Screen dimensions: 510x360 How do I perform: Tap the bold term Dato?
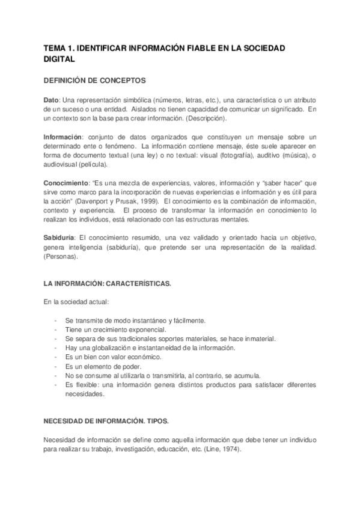(x=51, y=99)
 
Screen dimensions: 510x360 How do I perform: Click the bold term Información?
(x=63, y=138)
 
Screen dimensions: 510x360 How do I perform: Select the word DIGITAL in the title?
(x=59, y=59)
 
